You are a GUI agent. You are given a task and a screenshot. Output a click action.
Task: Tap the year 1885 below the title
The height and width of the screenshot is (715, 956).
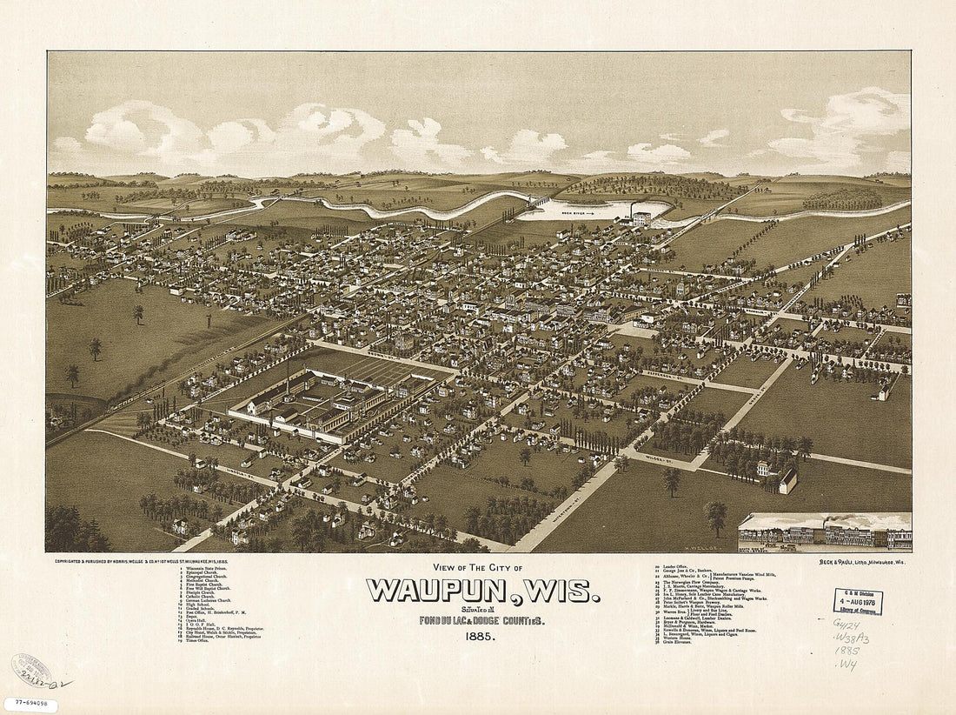click(x=481, y=637)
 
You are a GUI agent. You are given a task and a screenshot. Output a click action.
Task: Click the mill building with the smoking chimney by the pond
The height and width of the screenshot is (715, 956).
click(x=641, y=217)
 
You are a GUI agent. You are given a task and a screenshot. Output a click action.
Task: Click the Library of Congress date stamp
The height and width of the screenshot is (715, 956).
click(x=858, y=601)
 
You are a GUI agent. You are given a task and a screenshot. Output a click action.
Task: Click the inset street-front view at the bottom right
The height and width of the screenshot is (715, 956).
click(x=824, y=532)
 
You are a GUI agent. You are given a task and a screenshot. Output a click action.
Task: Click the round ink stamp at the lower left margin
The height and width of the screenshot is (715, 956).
click(x=31, y=670)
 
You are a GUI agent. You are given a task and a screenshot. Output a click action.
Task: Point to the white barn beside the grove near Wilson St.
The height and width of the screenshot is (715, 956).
click(x=787, y=480)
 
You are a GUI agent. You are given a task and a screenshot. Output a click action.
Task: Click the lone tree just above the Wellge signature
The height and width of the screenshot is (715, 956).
click(x=716, y=516)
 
